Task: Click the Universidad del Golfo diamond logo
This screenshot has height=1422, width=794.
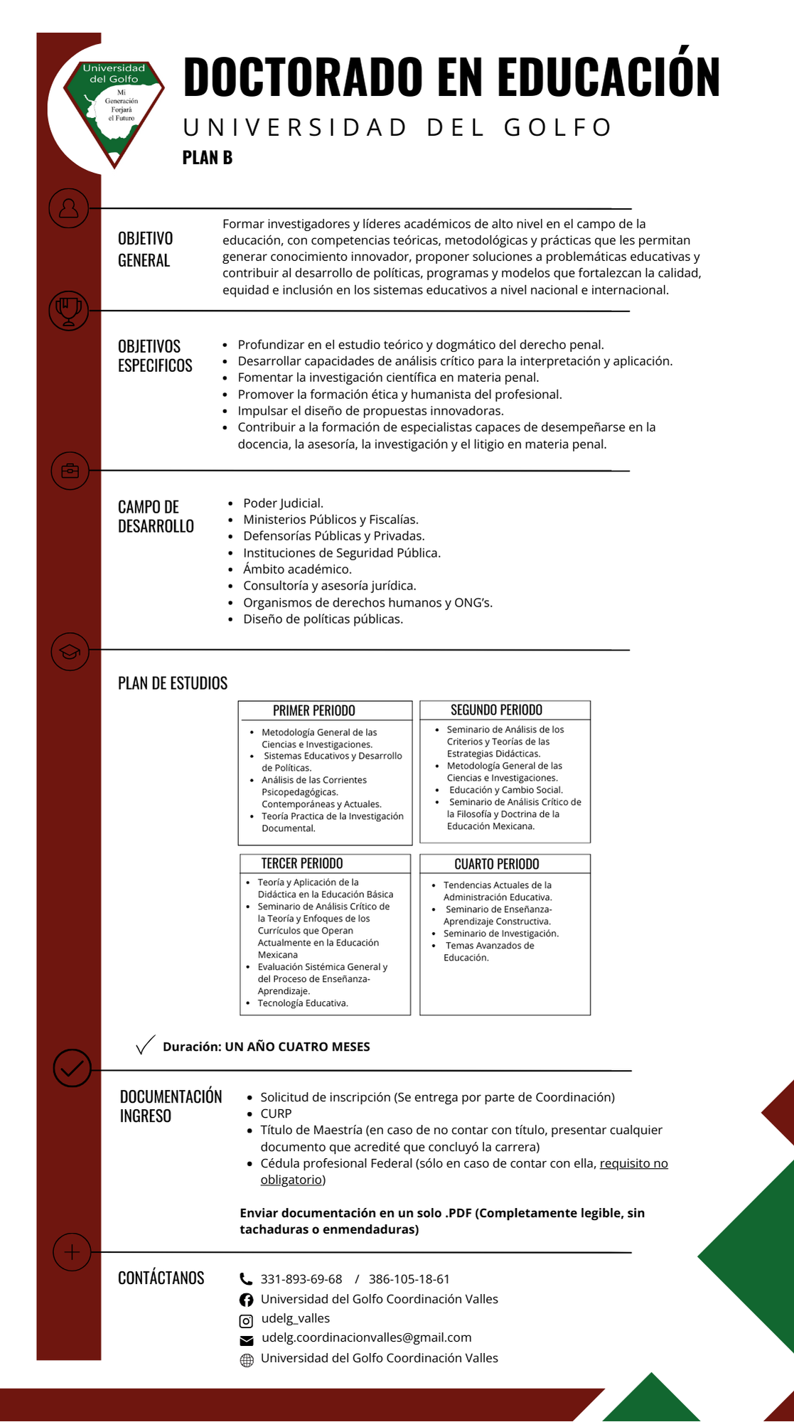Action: pos(114,110)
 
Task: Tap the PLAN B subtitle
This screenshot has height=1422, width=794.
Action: pos(207,158)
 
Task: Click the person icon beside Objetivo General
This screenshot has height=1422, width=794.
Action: pos(69,208)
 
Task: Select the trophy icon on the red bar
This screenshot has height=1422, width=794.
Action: pos(69,310)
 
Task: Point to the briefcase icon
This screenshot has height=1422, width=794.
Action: pos(70,471)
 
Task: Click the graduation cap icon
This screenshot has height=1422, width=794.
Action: pos(70,651)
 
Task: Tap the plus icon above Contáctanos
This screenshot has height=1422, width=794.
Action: pos(72,1252)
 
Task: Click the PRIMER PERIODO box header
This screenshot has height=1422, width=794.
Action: pos(314,710)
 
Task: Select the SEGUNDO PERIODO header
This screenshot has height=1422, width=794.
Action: pos(496,710)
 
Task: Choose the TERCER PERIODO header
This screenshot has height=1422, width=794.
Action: pos(302,863)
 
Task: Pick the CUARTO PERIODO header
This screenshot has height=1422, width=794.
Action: pos(496,864)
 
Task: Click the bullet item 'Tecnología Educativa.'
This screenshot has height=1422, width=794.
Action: pos(303,1003)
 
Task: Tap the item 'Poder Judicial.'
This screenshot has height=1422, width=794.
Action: pos(283,503)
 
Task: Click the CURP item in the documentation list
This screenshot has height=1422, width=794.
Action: pos(276,1113)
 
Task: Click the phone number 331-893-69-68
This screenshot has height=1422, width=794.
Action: pos(301,1279)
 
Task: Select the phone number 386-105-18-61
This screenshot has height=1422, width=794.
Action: pos(409,1279)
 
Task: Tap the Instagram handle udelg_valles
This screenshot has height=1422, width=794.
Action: pos(296,1318)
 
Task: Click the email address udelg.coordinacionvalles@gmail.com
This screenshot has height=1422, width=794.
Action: pos(366,1337)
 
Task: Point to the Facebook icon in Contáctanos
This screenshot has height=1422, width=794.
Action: pos(246,1300)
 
